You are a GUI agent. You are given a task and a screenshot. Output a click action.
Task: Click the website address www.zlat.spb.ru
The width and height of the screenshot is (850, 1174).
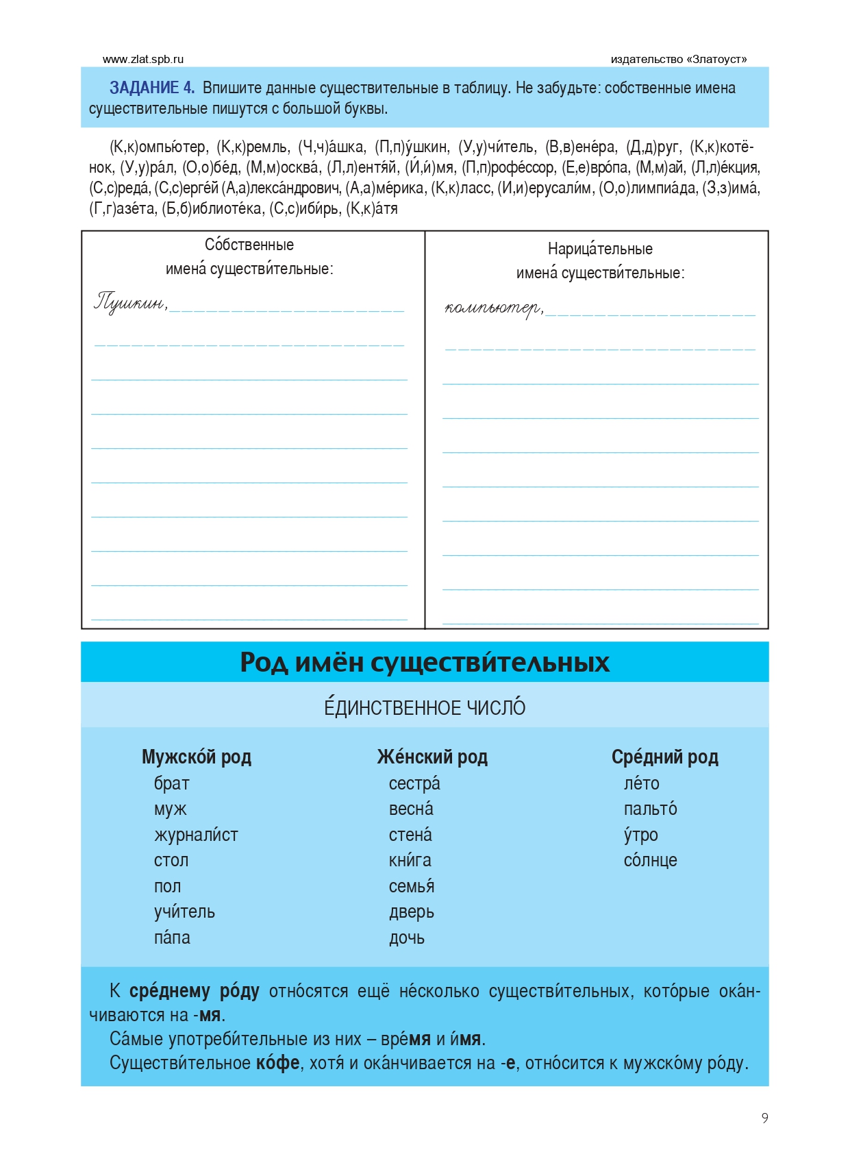pos(143,60)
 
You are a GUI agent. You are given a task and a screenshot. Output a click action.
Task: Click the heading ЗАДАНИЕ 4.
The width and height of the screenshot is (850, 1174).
pos(152,88)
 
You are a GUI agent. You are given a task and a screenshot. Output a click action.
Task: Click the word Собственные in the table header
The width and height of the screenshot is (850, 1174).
pos(249,245)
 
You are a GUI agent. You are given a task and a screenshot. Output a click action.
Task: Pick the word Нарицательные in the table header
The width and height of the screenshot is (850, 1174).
pos(600,249)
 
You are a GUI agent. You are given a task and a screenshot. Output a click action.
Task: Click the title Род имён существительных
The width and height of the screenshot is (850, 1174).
pos(425,662)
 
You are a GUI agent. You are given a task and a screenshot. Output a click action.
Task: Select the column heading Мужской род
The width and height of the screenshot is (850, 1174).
pos(197,757)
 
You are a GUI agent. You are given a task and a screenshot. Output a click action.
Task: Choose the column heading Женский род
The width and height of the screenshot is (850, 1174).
pos(432,757)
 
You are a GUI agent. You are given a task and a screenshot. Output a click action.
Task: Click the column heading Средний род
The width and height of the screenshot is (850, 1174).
pos(664,757)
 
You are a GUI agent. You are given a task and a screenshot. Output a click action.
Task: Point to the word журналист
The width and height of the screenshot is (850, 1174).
pos(196,835)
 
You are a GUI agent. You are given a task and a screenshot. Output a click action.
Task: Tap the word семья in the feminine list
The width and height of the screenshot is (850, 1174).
pos(412,886)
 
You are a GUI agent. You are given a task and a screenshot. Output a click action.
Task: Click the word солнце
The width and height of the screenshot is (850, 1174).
pos(650,860)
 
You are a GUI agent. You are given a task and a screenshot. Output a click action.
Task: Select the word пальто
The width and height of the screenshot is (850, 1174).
pos(650,809)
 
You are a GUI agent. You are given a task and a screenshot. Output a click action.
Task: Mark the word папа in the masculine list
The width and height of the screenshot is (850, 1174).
pos(172,938)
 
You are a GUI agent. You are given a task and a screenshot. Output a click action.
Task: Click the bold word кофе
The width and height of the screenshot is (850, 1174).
pos(278,1063)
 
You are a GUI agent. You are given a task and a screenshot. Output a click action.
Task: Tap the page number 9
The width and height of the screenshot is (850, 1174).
pos(764,1118)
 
